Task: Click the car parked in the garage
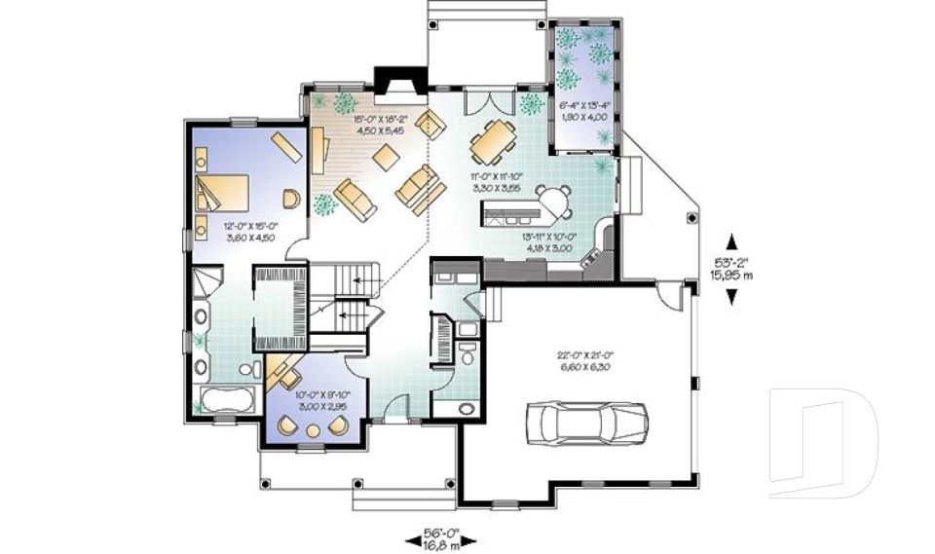coord(584,421)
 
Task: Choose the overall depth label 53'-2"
coord(731,262)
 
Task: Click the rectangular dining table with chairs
coord(490,144)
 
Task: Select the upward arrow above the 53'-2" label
coord(731,240)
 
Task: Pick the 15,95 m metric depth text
coord(731,275)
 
